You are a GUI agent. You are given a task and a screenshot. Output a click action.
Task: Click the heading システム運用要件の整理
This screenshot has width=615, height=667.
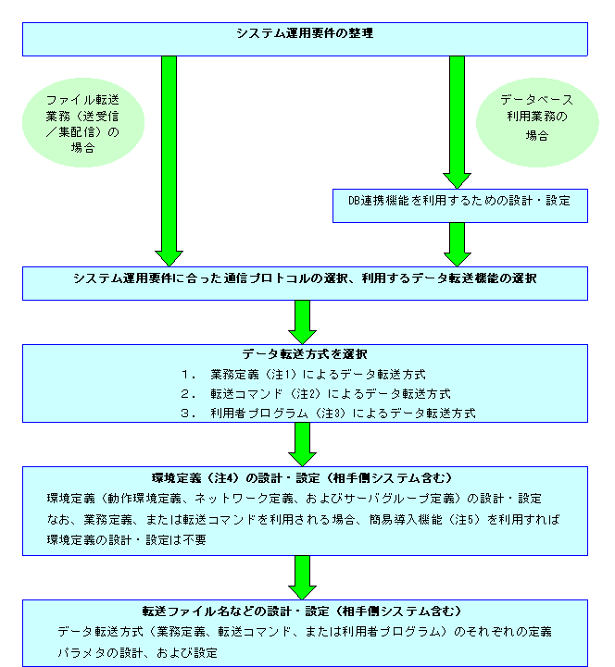305,33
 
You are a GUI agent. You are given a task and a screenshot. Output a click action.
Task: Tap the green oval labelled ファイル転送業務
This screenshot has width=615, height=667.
83,122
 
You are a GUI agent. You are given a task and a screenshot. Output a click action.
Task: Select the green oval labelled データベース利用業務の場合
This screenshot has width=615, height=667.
537,122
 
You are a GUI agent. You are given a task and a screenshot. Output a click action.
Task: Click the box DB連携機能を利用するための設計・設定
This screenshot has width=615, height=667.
460,206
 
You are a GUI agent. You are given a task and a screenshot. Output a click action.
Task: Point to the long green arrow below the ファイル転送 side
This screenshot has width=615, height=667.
169,161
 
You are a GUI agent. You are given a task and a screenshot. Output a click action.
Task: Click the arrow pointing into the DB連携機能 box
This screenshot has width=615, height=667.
457,122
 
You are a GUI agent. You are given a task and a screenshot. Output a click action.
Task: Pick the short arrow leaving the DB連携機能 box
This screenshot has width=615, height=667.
457,244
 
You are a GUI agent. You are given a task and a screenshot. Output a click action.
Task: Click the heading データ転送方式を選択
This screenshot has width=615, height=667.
305,354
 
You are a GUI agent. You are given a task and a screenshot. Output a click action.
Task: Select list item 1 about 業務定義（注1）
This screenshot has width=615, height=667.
303,375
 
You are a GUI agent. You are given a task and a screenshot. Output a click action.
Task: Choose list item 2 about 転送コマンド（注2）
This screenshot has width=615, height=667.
316,394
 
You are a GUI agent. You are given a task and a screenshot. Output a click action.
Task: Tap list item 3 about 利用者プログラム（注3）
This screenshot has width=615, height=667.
328,414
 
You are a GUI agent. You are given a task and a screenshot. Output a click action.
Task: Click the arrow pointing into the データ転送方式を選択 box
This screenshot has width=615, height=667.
302,322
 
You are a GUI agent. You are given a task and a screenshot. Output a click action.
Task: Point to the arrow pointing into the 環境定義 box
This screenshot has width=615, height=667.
302,444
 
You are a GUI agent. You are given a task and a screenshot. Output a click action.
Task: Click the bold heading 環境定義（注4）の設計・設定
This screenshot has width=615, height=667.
302,478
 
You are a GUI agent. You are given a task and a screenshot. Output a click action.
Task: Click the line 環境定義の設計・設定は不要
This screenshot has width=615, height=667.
127,540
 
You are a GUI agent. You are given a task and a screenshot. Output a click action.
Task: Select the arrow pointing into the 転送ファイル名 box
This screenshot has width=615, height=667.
302,577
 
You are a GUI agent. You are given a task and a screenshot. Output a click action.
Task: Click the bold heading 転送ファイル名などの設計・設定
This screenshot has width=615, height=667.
302,611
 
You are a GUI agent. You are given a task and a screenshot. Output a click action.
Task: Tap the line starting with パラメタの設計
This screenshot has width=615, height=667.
138,652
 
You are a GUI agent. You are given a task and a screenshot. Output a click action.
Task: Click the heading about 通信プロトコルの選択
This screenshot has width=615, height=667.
305,278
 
